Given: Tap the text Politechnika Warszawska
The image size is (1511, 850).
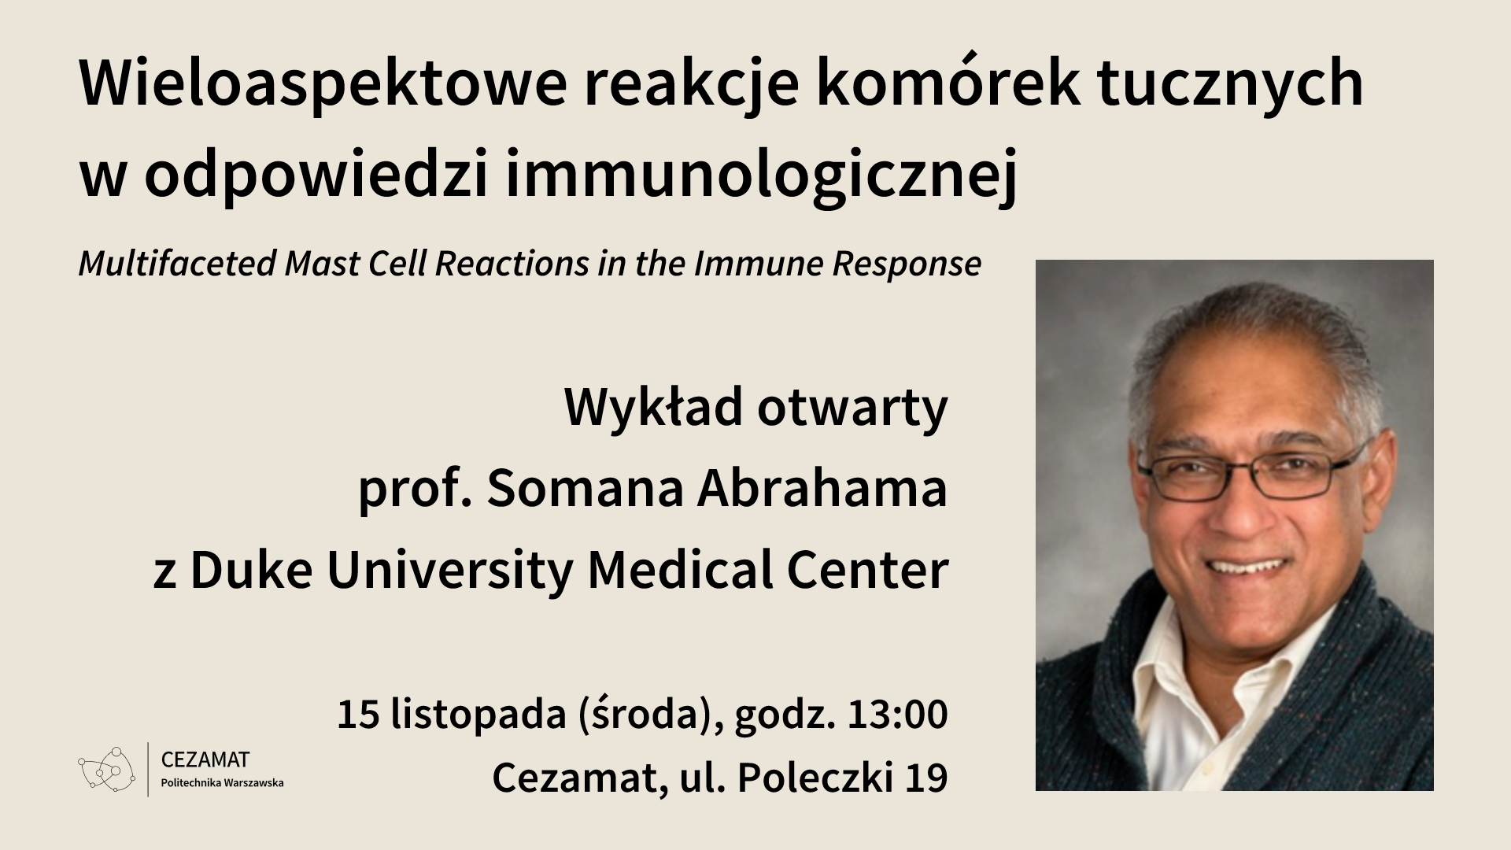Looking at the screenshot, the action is [222, 783].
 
